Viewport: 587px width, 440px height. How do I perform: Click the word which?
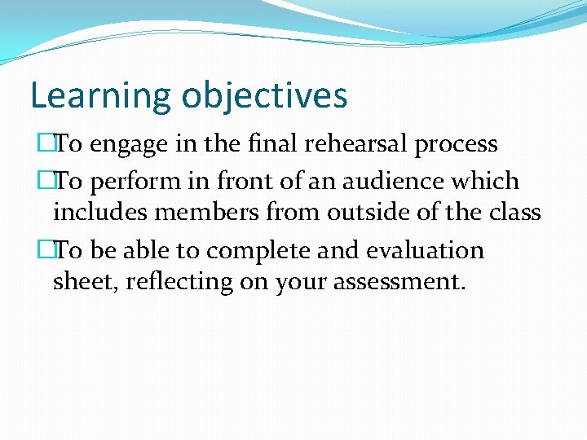click(485, 180)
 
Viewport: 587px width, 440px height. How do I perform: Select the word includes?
click(99, 212)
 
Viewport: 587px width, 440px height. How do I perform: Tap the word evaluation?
click(424, 249)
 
